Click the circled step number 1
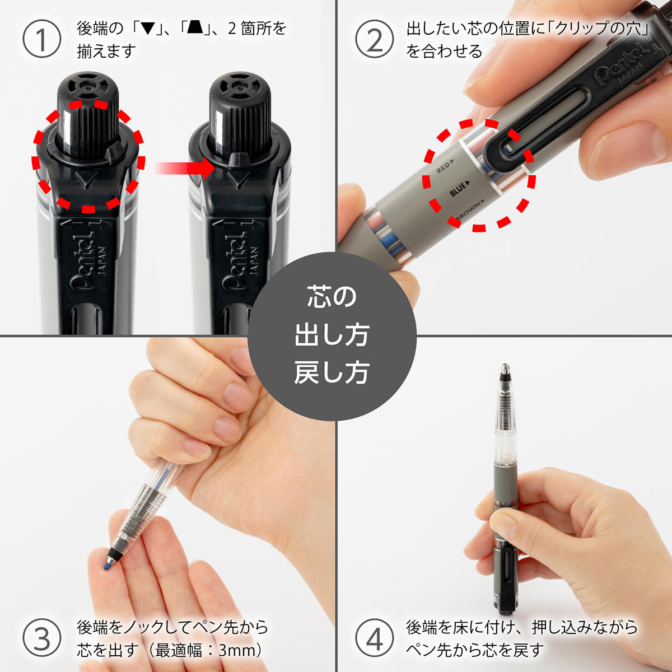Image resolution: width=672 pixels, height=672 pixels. point(41,39)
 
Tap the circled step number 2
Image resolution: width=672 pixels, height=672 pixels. point(374,39)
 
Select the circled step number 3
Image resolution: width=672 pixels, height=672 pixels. point(41,639)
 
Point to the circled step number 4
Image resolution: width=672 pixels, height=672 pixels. point(374,639)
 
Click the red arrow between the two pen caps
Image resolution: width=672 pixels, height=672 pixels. point(185,167)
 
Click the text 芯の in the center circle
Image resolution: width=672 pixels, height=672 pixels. point(332,297)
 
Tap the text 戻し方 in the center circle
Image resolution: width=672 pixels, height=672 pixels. point(332,373)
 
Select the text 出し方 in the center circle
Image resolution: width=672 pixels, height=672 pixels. point(332,335)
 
